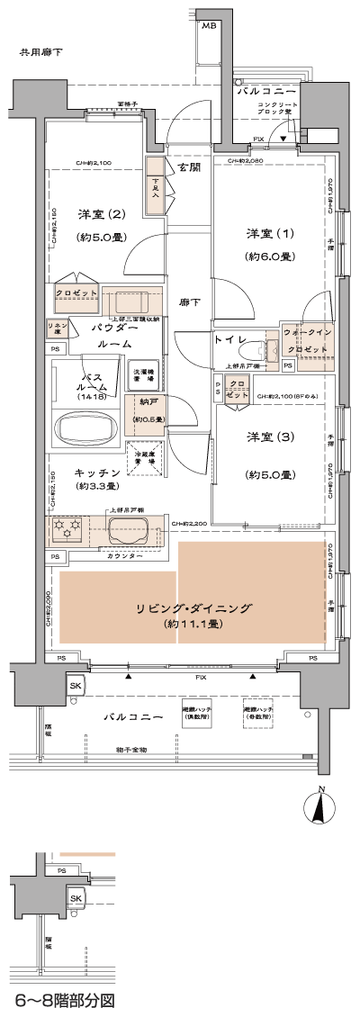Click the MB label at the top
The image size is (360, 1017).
point(209,26)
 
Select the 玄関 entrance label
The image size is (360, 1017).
point(188,168)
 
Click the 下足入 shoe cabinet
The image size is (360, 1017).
point(155,186)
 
